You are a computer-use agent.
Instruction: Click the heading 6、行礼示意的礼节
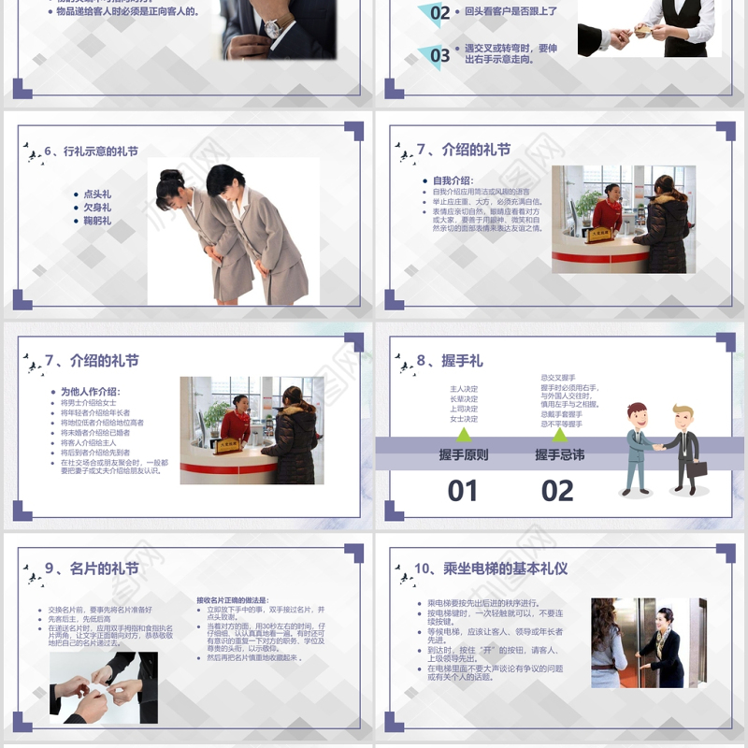click(92, 151)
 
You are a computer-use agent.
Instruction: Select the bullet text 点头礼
click(97, 194)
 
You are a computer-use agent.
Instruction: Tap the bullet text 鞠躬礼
click(97, 221)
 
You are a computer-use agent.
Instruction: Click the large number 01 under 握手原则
click(463, 490)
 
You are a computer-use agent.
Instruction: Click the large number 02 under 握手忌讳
click(557, 490)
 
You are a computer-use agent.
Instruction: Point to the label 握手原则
click(464, 455)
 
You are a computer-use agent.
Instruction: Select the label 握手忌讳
click(559, 455)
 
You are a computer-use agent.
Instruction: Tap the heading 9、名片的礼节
click(92, 568)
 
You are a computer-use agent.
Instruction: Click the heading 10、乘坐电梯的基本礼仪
click(491, 568)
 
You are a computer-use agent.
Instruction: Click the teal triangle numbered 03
click(437, 54)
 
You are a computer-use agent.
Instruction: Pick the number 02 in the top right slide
click(439, 13)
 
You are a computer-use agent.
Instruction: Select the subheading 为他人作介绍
click(91, 392)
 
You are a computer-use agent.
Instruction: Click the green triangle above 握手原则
click(465, 434)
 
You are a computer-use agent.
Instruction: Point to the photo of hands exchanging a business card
click(104, 687)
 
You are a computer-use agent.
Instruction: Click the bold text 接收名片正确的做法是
click(232, 599)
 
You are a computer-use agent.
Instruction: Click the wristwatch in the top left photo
click(272, 28)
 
